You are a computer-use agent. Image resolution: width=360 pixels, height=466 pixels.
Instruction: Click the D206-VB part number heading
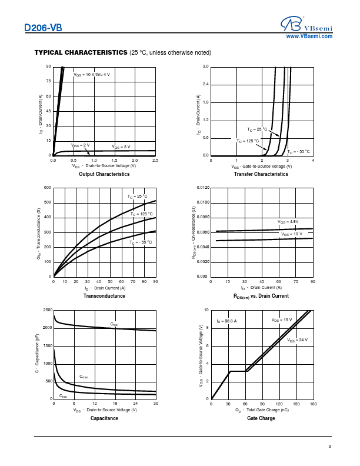43,28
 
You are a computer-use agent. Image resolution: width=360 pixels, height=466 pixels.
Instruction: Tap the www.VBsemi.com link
309,36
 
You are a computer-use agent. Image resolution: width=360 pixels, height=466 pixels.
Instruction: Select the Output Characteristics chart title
104,174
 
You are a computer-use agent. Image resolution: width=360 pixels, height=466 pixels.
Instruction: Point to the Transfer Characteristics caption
261,174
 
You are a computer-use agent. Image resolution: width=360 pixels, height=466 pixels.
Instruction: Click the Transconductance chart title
104,296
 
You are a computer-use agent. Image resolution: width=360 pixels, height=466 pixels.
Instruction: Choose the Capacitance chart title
104,418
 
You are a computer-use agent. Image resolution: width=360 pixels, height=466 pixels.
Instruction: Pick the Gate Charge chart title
261,418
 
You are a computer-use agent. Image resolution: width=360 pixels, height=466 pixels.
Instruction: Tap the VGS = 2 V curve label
81,145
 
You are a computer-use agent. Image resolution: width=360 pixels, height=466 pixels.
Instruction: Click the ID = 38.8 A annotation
226,321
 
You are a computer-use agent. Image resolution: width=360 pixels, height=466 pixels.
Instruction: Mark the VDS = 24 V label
298,340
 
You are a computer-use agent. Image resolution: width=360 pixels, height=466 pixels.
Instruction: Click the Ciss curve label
114,324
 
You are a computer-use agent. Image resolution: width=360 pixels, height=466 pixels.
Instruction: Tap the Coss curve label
84,377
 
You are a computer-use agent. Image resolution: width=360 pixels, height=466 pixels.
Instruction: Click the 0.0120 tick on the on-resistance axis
202,188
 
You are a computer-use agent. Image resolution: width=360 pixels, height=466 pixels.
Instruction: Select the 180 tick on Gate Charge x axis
313,404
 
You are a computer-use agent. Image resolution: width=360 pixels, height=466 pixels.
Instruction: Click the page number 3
330,448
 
